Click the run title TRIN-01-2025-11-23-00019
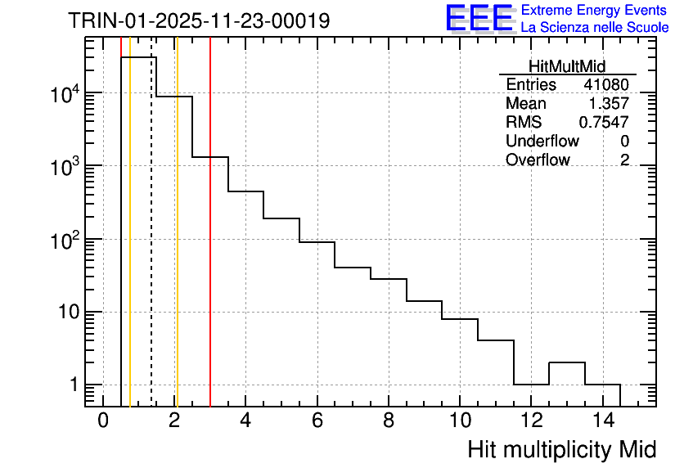(199, 20)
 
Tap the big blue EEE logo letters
(479, 18)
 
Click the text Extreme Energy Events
(595, 11)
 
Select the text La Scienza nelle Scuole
(595, 28)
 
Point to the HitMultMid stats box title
(567, 67)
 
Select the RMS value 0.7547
(605, 123)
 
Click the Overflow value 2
(624, 160)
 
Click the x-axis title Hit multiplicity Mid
(562, 449)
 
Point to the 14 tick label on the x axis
(603, 421)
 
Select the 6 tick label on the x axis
(317, 421)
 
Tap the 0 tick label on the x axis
(103, 421)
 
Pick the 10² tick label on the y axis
(65, 240)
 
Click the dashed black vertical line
(151, 245)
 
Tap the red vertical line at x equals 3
(210, 245)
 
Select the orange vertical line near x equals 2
(177, 245)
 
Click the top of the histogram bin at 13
(567, 362)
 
